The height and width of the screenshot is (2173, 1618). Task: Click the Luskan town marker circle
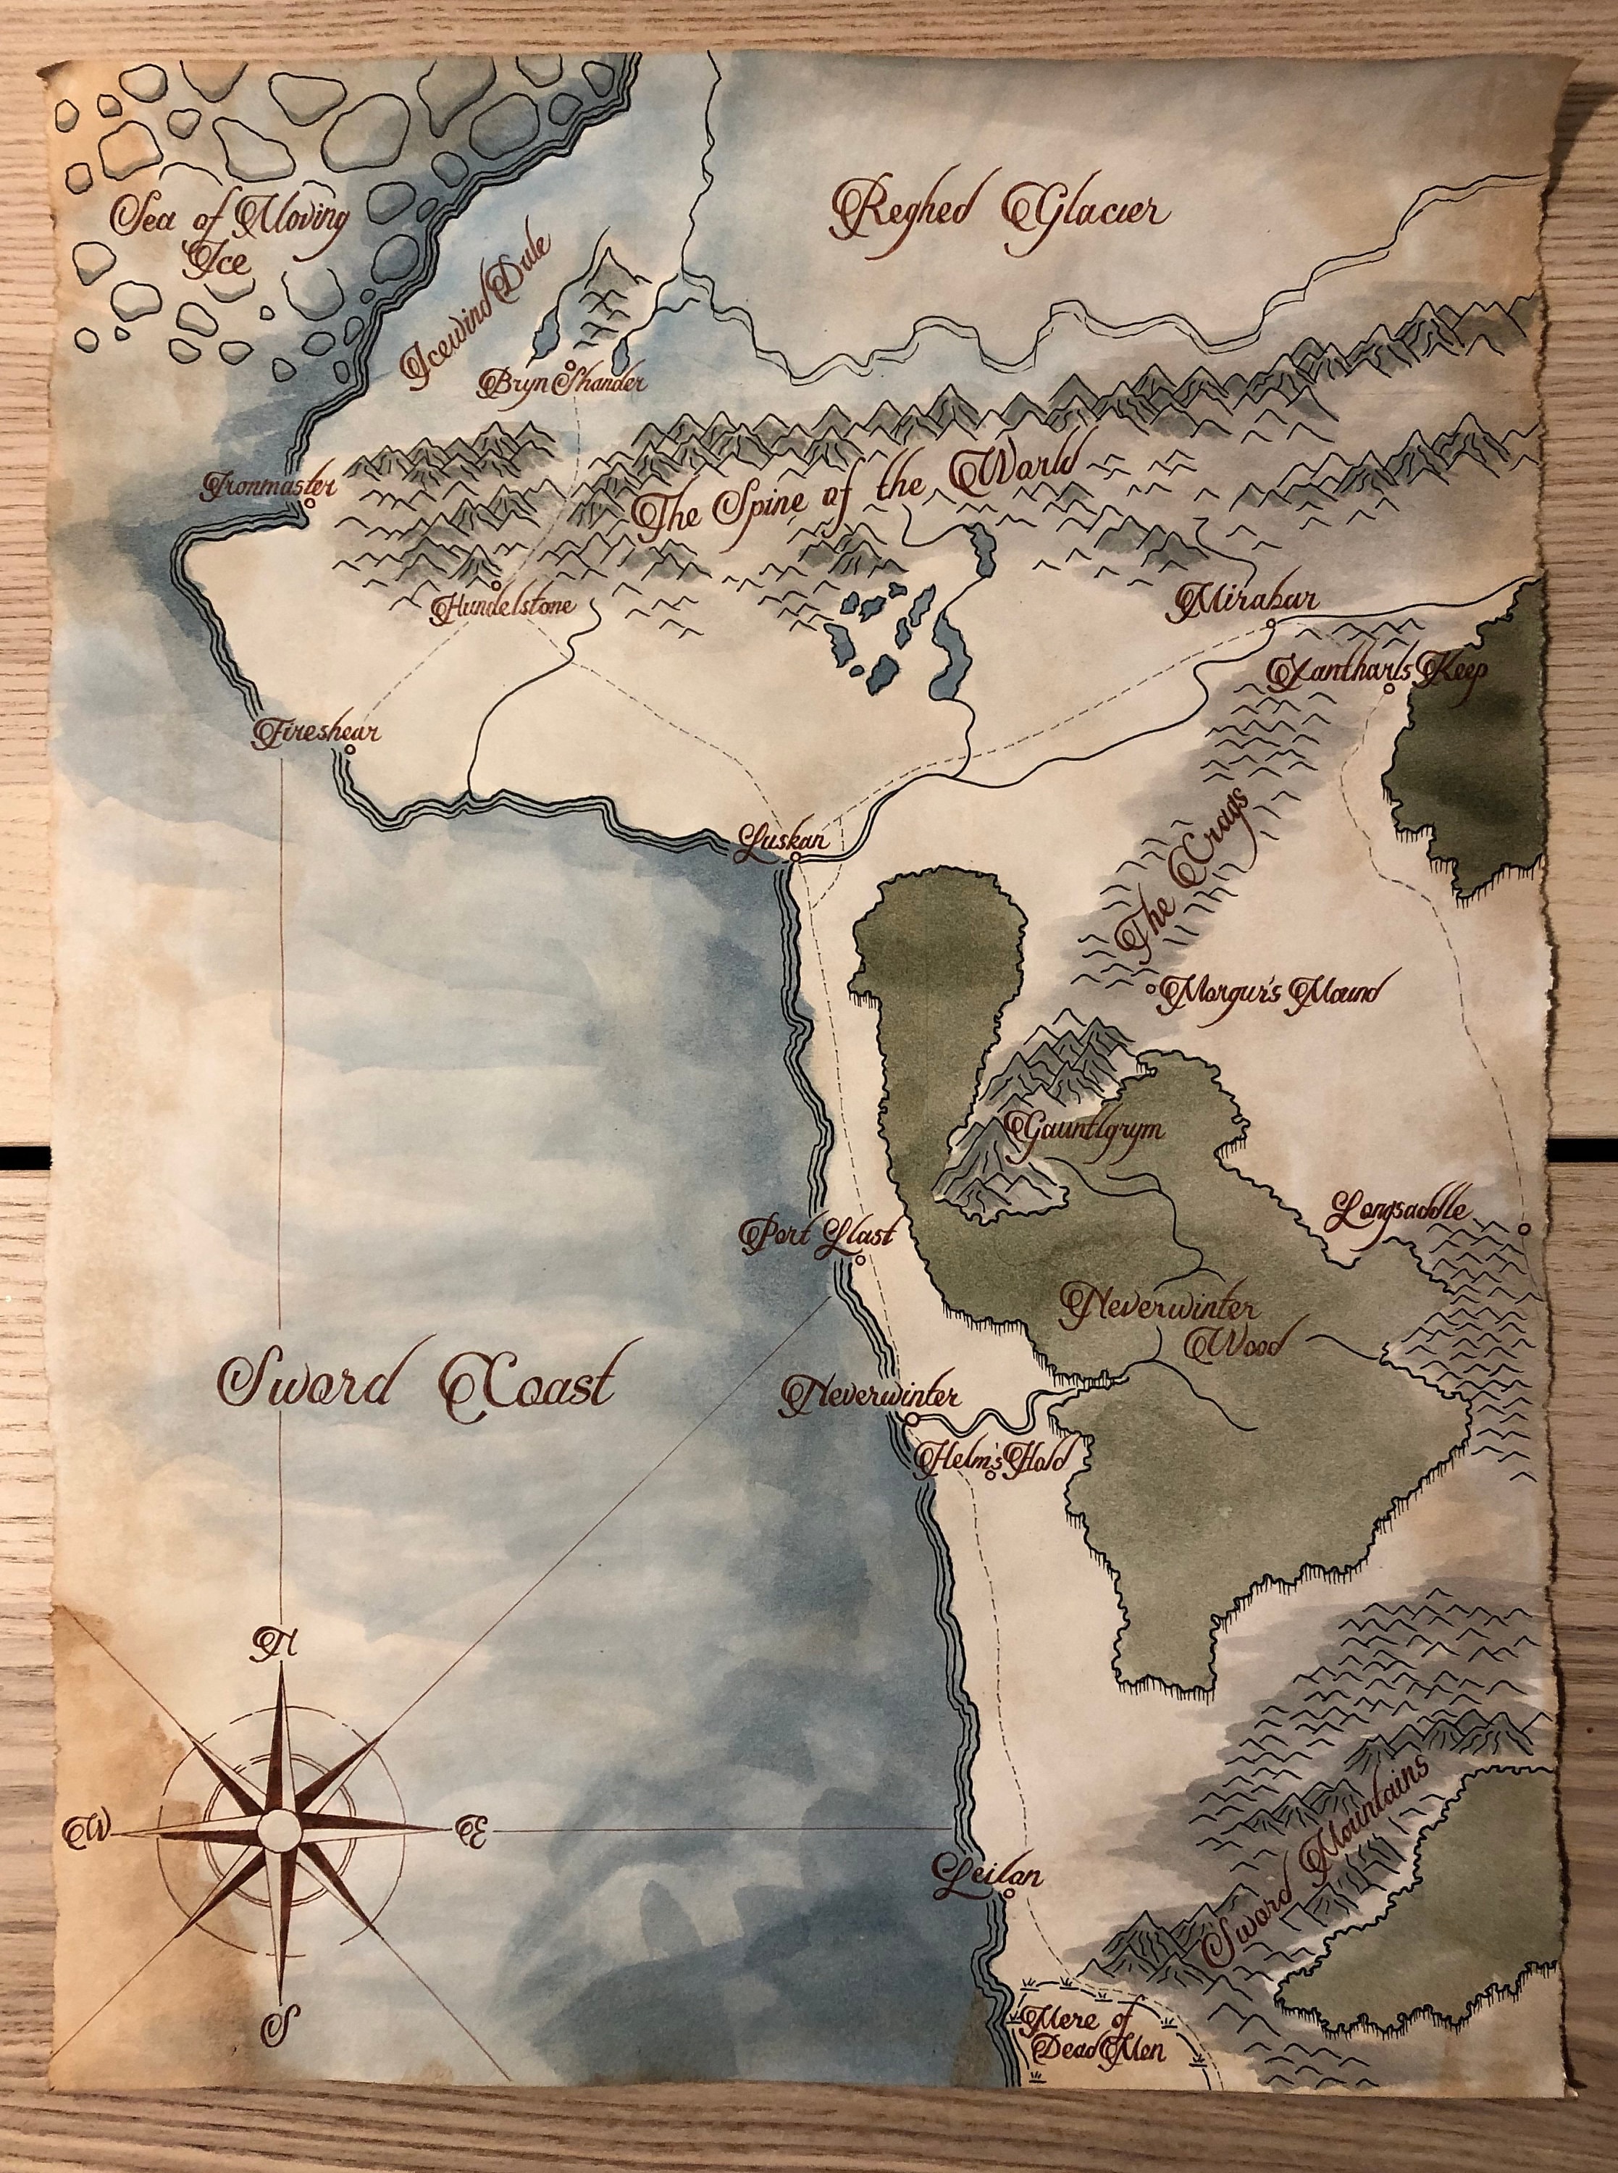click(795, 857)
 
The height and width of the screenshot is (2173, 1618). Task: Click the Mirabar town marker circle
click(1270, 623)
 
